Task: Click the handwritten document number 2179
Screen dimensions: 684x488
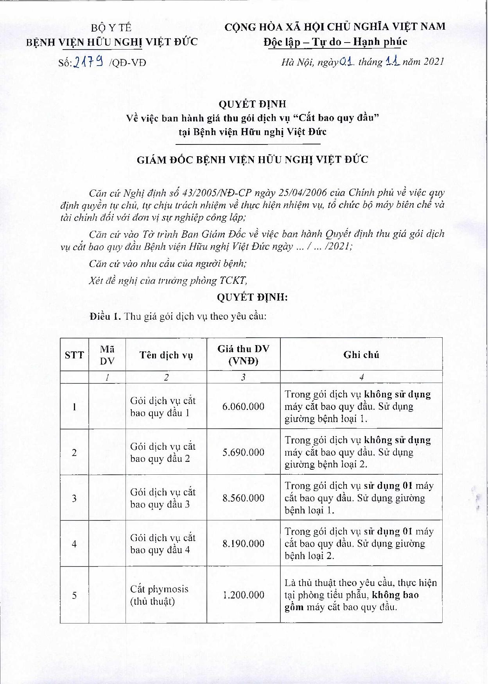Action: tap(88, 62)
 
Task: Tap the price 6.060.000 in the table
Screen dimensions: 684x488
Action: tap(243, 406)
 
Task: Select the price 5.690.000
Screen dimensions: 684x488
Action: tap(243, 452)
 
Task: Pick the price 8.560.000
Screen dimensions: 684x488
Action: tap(243, 498)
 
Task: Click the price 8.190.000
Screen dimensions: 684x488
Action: tap(243, 543)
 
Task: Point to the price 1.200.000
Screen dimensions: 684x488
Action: tap(243, 595)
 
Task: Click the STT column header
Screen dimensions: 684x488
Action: tap(74, 355)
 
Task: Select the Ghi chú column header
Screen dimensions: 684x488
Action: tap(361, 355)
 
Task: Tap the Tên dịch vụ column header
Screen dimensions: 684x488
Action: tap(166, 355)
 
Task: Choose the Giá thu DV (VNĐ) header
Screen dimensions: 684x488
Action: tap(243, 355)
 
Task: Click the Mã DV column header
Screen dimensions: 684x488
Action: tap(107, 355)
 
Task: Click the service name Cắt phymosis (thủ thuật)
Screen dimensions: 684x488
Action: tap(159, 595)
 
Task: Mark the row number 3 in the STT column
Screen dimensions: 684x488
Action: tap(74, 498)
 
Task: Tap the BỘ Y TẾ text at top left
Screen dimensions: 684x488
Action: tap(111, 28)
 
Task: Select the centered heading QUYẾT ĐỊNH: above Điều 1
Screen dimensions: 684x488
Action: tap(252, 297)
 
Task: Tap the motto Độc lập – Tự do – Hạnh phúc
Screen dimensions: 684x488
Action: tap(335, 42)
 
